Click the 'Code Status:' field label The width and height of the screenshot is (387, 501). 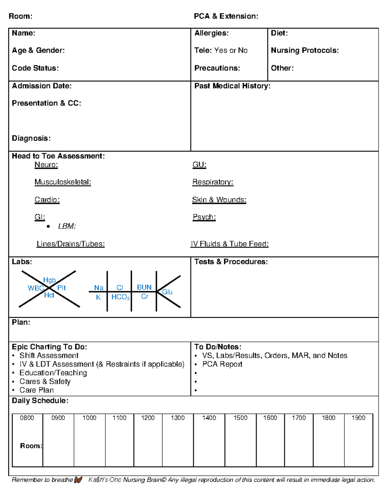(35, 68)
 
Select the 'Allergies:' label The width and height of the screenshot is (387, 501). (211, 33)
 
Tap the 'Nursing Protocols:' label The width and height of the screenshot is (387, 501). (304, 50)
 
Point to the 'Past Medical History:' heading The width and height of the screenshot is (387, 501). (232, 86)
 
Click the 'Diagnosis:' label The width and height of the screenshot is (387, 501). (31, 138)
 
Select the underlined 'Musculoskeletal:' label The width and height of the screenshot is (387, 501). (63, 182)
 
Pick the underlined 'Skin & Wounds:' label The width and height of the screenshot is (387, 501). (219, 200)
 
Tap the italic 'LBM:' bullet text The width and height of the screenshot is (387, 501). (67, 226)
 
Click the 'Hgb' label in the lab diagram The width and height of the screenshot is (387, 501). (49, 280)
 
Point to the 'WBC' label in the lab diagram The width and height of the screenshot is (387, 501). (35, 288)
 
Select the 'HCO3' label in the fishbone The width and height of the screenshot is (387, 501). (120, 297)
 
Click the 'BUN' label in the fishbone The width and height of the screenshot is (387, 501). (144, 287)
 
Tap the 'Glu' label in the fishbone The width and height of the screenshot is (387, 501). (167, 292)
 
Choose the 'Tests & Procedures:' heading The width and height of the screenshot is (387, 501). (231, 262)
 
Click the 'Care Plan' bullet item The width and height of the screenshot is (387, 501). (36, 390)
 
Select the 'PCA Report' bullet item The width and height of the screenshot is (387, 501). (222, 364)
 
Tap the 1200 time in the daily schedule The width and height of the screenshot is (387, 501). (148, 418)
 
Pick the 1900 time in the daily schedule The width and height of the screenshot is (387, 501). (358, 418)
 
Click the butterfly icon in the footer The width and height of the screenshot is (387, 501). (78, 480)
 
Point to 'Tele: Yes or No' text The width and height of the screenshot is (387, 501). (221, 50)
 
